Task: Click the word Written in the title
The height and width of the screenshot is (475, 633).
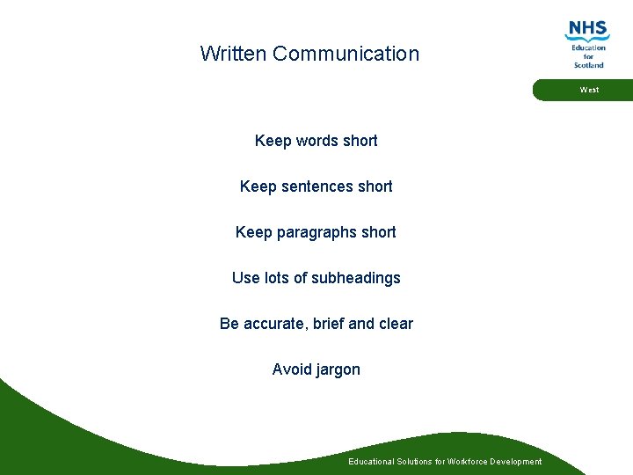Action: coord(233,54)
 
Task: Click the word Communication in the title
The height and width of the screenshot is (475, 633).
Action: coord(346,54)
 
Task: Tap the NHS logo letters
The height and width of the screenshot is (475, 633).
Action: coord(588,30)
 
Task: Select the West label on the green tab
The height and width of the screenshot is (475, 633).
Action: coord(589,90)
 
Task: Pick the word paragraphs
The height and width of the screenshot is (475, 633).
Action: coord(317,232)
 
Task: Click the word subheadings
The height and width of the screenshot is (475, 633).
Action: coord(356,278)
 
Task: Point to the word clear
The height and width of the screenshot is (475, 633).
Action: coord(396,324)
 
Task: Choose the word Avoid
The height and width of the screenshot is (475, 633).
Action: coord(291,369)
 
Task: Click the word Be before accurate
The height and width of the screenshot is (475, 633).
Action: coord(229,324)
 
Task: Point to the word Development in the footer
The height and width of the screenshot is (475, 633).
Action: coord(518,462)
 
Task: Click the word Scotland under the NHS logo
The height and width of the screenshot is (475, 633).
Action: coord(588,65)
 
